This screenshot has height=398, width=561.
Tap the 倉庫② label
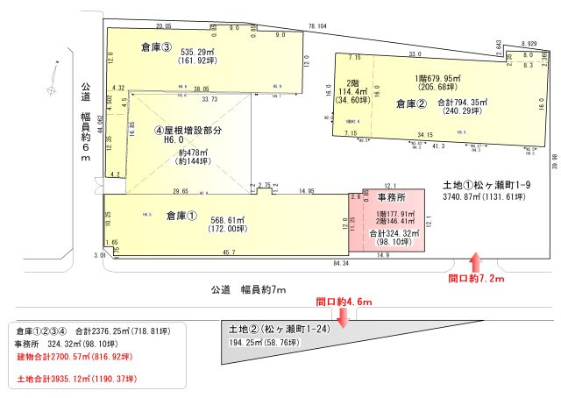click(x=410, y=103)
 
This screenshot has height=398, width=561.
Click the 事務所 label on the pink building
click(x=394, y=199)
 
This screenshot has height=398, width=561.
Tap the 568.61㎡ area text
click(x=201, y=220)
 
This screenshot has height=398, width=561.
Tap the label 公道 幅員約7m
click(x=249, y=288)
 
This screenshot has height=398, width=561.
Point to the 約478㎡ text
click(x=191, y=151)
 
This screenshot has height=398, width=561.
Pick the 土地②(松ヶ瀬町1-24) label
click(x=278, y=329)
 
